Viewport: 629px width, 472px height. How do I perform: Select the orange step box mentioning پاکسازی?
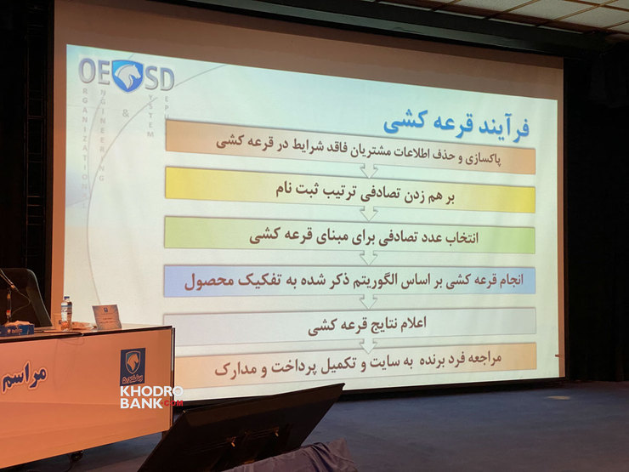click(x=350, y=146)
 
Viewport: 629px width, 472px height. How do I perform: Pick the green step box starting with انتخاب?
click(x=350, y=236)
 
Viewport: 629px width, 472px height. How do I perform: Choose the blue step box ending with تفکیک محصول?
click(x=350, y=280)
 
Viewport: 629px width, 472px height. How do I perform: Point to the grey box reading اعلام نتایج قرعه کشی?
click(x=350, y=322)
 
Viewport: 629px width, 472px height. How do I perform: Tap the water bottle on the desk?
click(x=66, y=312)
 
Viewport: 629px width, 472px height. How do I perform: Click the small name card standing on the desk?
click(x=107, y=316)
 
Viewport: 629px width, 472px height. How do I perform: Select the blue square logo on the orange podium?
click(x=132, y=367)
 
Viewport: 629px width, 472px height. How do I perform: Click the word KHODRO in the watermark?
click(x=151, y=391)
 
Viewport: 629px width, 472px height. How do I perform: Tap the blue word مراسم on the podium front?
click(x=24, y=375)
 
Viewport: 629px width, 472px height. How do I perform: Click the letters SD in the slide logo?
click(x=159, y=79)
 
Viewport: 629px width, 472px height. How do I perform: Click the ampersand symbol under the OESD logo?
click(x=126, y=112)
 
